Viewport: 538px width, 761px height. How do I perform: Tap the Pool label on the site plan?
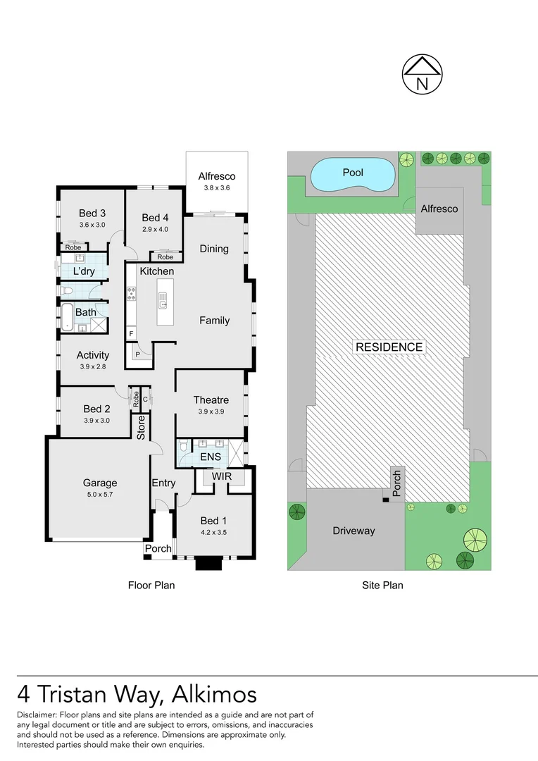pyautogui.click(x=353, y=172)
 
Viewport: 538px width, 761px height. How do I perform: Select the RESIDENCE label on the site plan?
pyautogui.click(x=389, y=347)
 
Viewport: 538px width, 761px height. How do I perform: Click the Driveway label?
pyautogui.click(x=354, y=531)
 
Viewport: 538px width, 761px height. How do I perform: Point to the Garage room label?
pyautogui.click(x=100, y=483)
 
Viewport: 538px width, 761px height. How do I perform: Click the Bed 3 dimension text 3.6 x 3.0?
pyautogui.click(x=92, y=225)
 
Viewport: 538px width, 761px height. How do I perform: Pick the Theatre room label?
pyautogui.click(x=211, y=400)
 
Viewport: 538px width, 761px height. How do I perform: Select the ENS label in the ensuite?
pyautogui.click(x=211, y=457)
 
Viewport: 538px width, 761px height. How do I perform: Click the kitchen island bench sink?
pyautogui.click(x=162, y=304)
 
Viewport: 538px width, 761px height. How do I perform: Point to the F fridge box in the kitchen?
pyautogui.click(x=131, y=333)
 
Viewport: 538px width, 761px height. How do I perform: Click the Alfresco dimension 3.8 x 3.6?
pyautogui.click(x=216, y=188)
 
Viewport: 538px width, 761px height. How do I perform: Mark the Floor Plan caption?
pyautogui.click(x=151, y=585)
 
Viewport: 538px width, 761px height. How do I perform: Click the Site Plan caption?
pyautogui.click(x=383, y=585)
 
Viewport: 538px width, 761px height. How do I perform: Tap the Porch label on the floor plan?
pyautogui.click(x=158, y=549)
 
